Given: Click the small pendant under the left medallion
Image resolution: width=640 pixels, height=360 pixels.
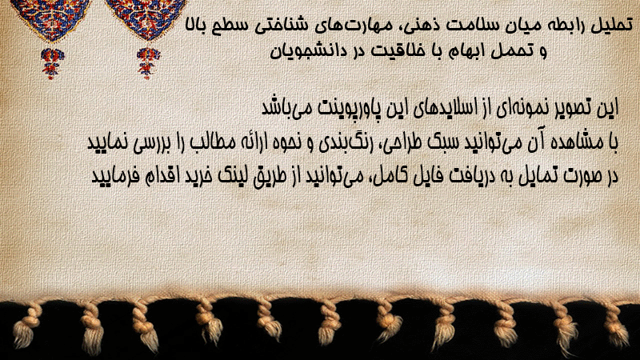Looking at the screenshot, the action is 52,63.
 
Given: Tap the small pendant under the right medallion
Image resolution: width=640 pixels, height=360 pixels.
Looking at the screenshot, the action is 148,63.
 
